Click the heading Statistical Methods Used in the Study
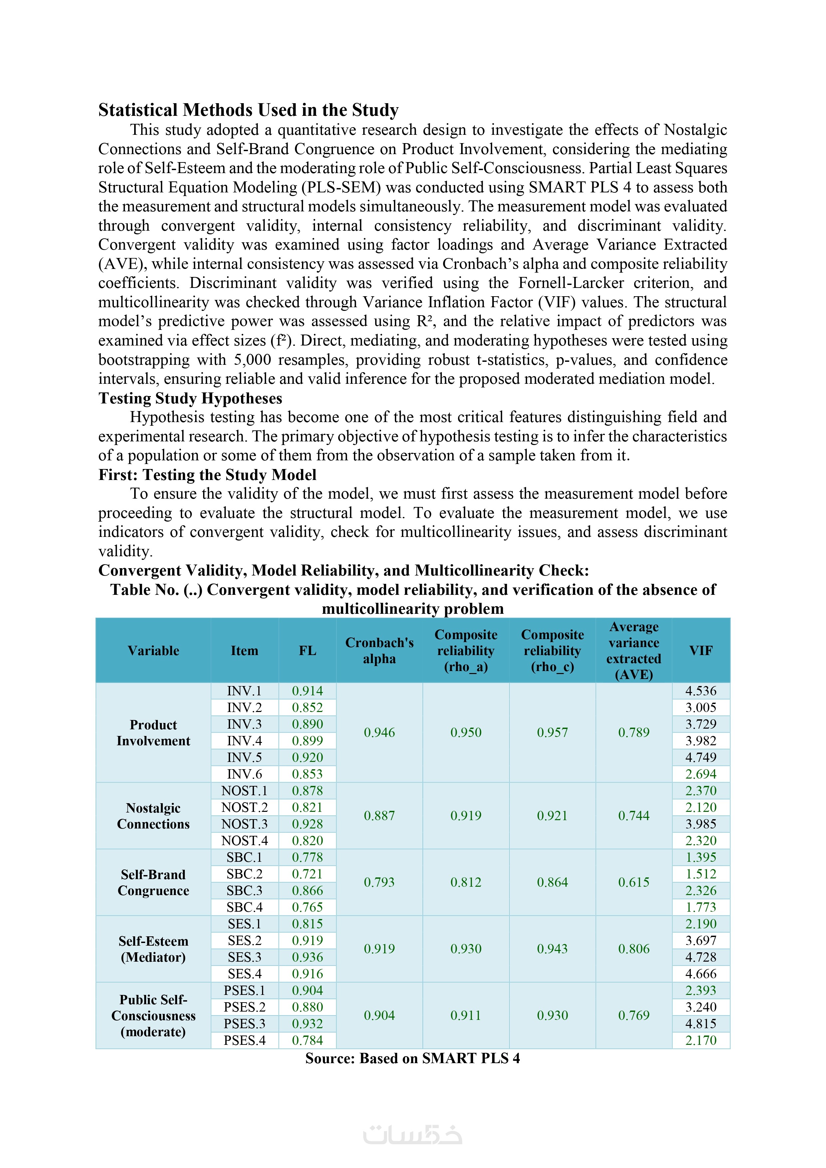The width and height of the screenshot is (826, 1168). (248, 110)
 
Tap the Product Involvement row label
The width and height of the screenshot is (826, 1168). (153, 733)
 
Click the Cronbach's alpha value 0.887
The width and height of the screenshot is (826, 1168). (379, 816)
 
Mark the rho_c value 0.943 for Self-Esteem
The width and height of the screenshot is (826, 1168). (552, 949)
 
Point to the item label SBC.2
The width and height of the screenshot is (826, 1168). (244, 874)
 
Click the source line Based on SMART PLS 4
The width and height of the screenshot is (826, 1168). (413, 1058)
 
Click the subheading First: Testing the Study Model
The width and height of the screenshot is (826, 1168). (207, 475)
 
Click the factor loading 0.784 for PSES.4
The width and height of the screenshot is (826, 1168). (307, 1040)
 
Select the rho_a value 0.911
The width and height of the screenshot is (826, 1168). (466, 1016)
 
